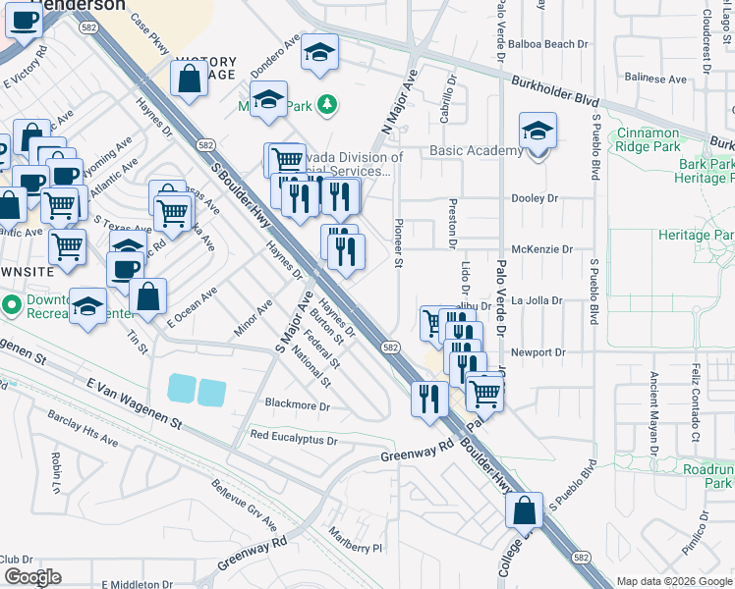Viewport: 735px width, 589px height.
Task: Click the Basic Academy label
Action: point(477,151)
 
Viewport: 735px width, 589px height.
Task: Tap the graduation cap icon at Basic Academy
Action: point(537,132)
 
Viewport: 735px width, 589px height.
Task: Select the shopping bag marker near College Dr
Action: point(525,510)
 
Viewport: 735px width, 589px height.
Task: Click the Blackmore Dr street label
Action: point(298,403)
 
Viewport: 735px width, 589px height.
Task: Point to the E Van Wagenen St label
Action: point(135,405)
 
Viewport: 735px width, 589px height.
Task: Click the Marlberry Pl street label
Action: point(356,545)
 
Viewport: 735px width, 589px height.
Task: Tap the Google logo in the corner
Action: point(31,577)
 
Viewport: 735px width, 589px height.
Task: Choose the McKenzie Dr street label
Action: point(541,249)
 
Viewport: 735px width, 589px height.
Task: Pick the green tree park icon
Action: point(331,103)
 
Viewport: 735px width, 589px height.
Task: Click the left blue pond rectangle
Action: point(182,390)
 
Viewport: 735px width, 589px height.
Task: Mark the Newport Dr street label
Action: point(538,352)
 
